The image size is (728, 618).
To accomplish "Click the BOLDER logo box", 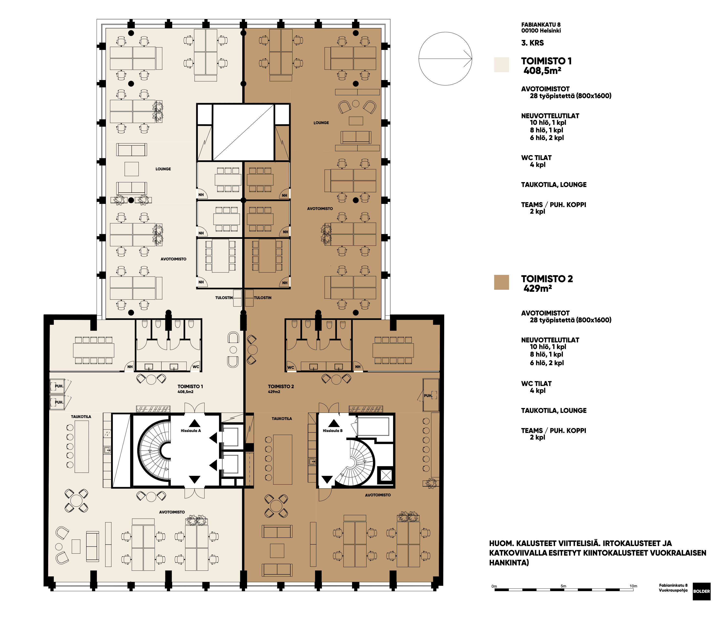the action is [x=701, y=591].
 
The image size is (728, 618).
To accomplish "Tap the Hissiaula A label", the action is [x=191, y=431].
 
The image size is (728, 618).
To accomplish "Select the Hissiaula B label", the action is [x=333, y=431].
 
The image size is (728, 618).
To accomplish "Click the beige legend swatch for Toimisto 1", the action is [x=501, y=65].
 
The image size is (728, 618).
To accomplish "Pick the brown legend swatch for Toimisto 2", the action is [x=501, y=282].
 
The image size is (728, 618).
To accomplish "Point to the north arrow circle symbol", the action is [x=445, y=58].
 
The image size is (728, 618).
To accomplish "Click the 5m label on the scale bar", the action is [x=563, y=586].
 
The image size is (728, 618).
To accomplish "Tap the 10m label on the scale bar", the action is [x=634, y=586].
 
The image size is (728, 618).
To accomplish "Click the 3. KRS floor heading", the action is [x=533, y=43].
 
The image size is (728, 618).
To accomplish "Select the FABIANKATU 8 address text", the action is [x=541, y=24].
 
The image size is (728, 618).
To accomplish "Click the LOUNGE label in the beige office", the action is [x=163, y=169].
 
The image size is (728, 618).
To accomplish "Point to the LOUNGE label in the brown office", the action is [x=321, y=123].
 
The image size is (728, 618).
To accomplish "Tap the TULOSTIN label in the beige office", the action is [x=224, y=298].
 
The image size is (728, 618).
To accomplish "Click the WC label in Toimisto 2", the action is [x=291, y=368].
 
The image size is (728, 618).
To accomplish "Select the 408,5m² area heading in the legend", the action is [x=542, y=70].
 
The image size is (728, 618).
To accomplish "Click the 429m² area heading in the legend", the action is [x=538, y=288].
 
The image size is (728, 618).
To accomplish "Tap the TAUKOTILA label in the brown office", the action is [x=282, y=419].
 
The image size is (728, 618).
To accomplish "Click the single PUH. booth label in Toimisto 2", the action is [x=428, y=396].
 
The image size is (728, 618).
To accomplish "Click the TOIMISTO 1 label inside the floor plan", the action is [x=190, y=386].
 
